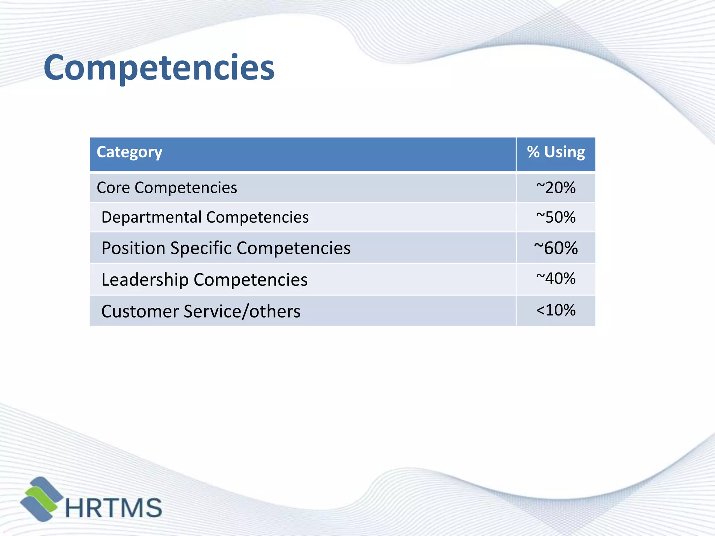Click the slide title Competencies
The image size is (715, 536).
click(159, 68)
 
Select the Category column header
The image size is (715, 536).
click(130, 152)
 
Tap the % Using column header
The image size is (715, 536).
click(556, 152)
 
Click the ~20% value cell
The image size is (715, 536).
click(556, 188)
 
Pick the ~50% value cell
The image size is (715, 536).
click(556, 217)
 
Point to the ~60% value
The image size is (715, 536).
click(556, 248)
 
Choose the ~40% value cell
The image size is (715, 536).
click(556, 278)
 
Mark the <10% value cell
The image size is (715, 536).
click(556, 310)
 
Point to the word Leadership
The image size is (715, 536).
click(145, 280)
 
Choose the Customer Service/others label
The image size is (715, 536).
click(201, 311)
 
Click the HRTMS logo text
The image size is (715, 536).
click(114, 508)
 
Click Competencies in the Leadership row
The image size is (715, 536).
click(251, 280)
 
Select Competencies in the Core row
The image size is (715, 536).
click(186, 188)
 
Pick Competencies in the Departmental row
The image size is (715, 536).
click(257, 217)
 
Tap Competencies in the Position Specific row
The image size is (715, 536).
click(294, 248)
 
